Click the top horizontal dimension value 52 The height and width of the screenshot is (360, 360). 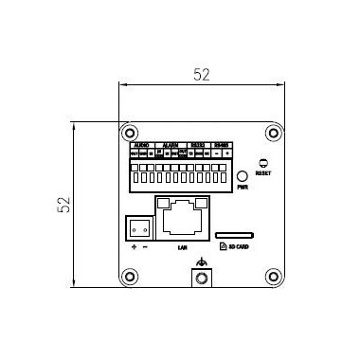click(201, 75)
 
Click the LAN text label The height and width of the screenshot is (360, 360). click(181, 246)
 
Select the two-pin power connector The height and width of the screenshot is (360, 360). click(138, 227)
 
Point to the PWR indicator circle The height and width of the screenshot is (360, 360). click(243, 176)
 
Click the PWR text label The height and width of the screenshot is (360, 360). click(243, 188)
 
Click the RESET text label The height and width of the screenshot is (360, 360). click(263, 174)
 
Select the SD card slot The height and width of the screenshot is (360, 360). click(233, 232)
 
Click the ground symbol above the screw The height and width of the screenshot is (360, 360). click(200, 262)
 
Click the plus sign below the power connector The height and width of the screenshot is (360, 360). click(134, 247)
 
